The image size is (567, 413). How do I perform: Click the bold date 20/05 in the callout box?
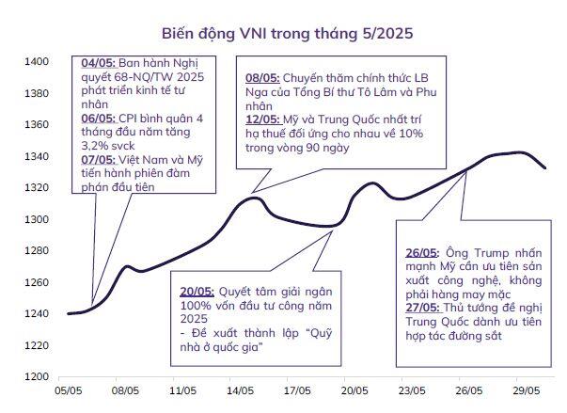pos(197,293)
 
